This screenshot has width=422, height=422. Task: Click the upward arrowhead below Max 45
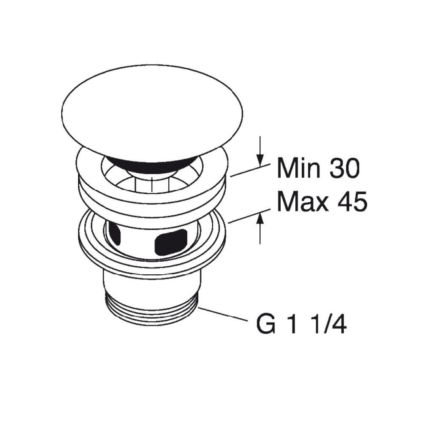pyautogui.click(x=261, y=218)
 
